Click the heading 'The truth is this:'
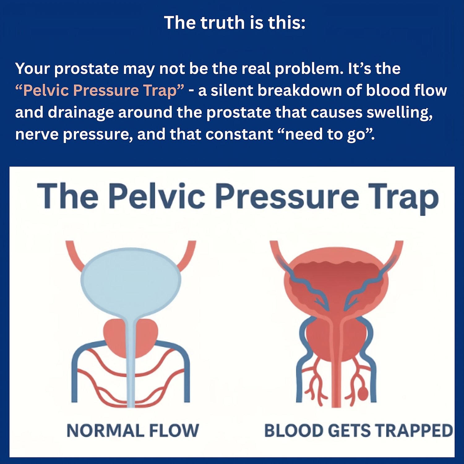(235, 23)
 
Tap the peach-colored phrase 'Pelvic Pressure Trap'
(100, 91)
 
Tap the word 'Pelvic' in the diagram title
(157, 196)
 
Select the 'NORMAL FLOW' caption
(133, 431)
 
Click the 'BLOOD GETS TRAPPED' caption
(359, 431)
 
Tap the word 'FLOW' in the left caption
(174, 431)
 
